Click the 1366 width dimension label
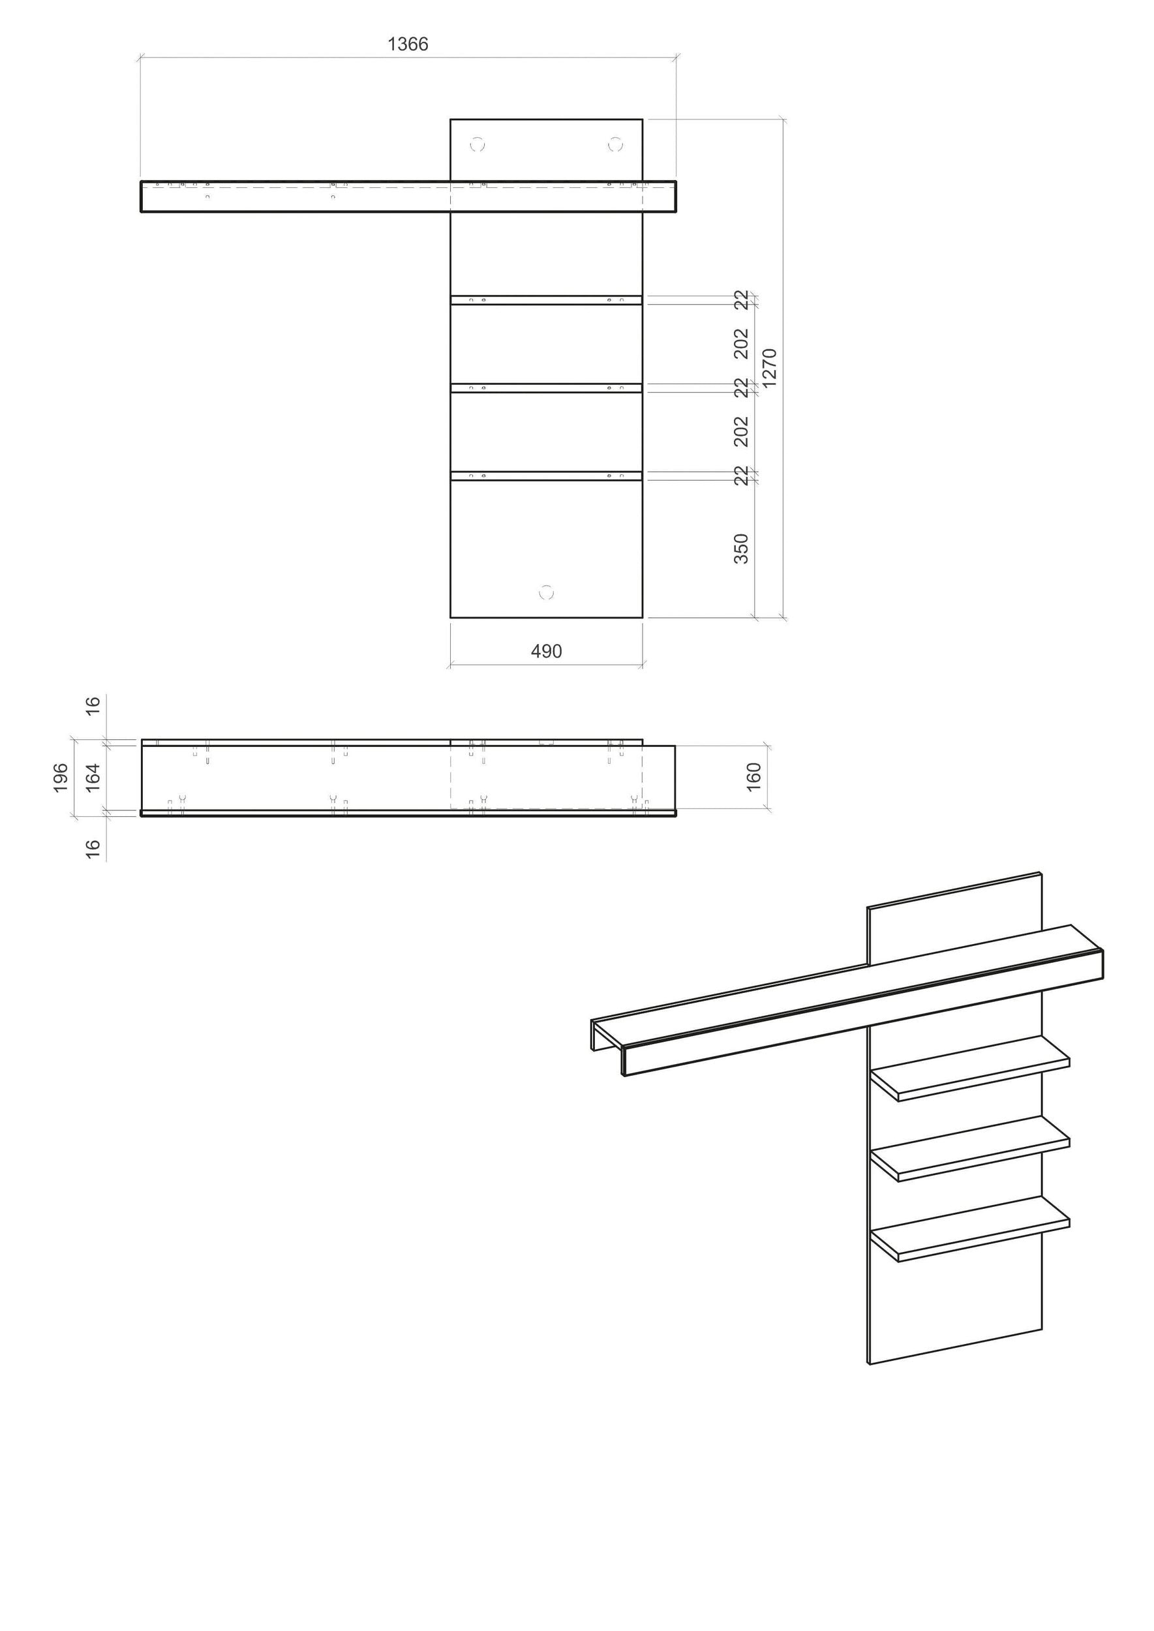(408, 44)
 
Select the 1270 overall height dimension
(770, 367)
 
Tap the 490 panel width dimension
(547, 651)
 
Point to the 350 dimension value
(741, 549)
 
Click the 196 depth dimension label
(61, 778)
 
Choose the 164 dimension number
(93, 778)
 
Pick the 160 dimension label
(754, 777)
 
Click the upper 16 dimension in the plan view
(93, 707)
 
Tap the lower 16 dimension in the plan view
(93, 849)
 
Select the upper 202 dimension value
(741, 344)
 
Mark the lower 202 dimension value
(741, 432)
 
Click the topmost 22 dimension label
(741, 300)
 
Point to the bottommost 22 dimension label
(741, 476)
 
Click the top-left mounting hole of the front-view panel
(478, 145)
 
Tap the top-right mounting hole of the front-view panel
(615, 145)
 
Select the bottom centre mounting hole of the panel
(547, 592)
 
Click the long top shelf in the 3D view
(847, 1001)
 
